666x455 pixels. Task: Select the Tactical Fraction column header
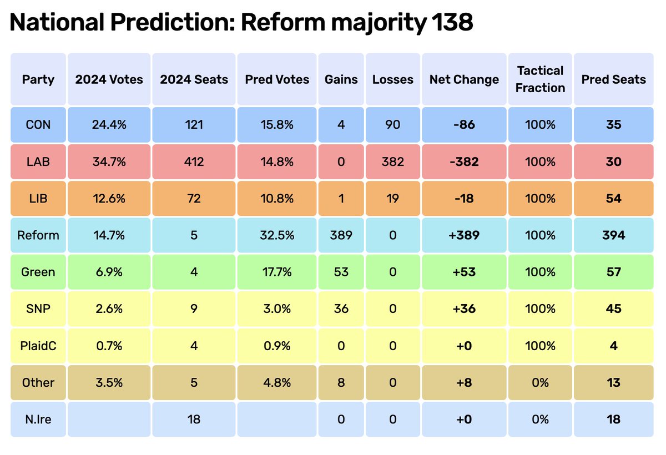[x=540, y=79]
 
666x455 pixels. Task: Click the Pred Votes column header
[x=277, y=79]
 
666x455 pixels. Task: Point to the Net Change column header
[x=464, y=79]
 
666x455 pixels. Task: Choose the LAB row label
[x=38, y=161]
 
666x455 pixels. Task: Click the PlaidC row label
[x=38, y=346]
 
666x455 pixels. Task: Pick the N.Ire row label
[x=38, y=419]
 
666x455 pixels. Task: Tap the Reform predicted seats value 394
[x=613, y=235]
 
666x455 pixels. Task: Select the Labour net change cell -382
[x=464, y=161]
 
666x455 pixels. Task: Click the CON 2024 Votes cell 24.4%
[x=109, y=125]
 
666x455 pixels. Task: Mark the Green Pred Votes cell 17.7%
[x=277, y=272]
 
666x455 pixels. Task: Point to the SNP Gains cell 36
[x=341, y=309]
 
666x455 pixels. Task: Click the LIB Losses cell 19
[x=393, y=198]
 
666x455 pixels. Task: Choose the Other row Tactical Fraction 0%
[x=540, y=382]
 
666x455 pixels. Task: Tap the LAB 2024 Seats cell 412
[x=194, y=161]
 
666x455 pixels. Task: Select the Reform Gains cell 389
[x=341, y=235]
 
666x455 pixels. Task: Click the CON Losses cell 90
[x=393, y=125]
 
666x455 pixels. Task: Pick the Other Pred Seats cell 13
[x=613, y=382]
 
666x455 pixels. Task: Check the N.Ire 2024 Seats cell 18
[x=194, y=419]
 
